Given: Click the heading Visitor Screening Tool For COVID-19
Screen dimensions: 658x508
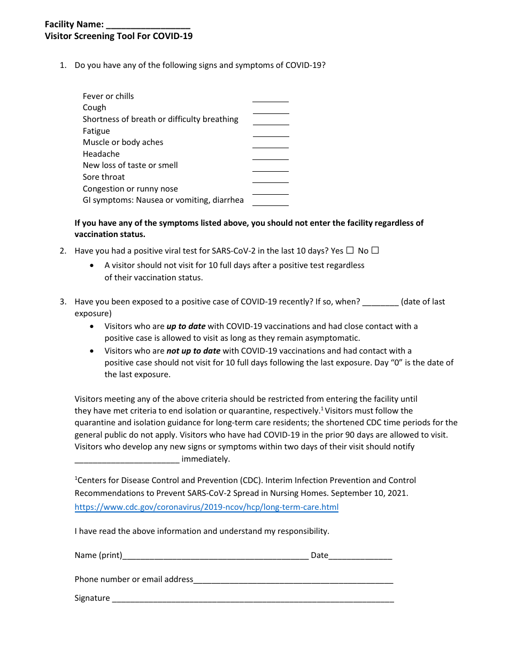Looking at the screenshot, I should click(x=119, y=36).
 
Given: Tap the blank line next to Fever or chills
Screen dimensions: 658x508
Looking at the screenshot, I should click(x=270, y=99).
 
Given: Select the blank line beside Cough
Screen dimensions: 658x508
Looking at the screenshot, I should click(x=270, y=111).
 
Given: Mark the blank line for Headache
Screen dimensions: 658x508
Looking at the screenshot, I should click(x=270, y=157).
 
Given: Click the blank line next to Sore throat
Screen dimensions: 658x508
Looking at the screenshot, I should click(x=270, y=180).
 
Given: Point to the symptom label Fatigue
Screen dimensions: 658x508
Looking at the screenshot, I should click(x=96, y=131).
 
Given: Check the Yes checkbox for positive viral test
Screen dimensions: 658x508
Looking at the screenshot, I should click(x=350, y=250).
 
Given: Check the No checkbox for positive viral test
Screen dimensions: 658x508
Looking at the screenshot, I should click(x=375, y=250).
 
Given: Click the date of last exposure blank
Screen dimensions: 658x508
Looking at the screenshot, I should click(x=380, y=303).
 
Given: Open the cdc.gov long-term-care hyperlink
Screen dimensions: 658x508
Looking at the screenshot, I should click(x=206, y=507).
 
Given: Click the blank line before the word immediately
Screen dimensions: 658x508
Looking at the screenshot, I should click(x=127, y=460).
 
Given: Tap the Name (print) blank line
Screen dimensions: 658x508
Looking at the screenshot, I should click(x=215, y=557).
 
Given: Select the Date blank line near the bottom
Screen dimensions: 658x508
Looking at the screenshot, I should click(x=360, y=557).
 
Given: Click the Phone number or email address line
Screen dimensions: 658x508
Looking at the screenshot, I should click(x=293, y=581).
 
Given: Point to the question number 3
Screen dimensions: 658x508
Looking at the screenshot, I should click(x=63, y=302).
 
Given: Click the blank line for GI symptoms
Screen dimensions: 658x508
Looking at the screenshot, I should click(x=270, y=203).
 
